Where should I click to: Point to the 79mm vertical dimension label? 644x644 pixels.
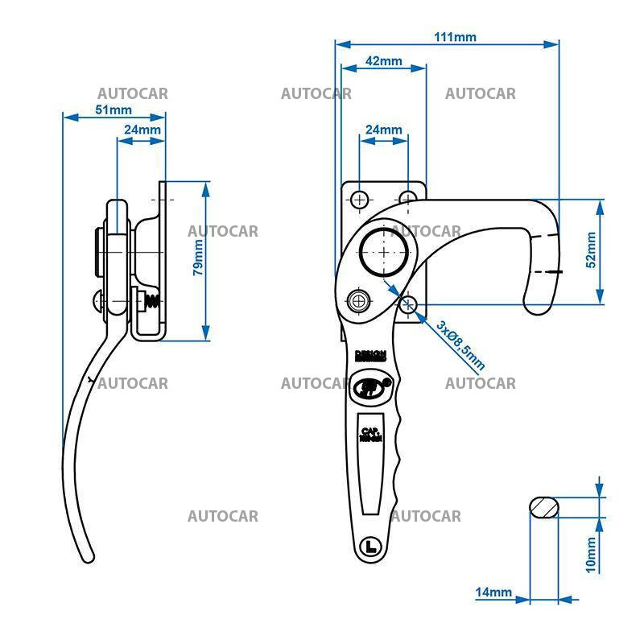198,258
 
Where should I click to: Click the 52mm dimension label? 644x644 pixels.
591,250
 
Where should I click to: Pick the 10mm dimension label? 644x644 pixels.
591,555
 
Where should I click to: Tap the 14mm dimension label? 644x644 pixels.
493,593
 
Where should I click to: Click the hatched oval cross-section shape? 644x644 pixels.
544,507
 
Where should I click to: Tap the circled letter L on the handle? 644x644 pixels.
370,546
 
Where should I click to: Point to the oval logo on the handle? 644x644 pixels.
370,386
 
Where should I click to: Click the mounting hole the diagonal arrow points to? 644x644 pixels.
408,303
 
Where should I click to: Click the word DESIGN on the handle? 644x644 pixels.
371,353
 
